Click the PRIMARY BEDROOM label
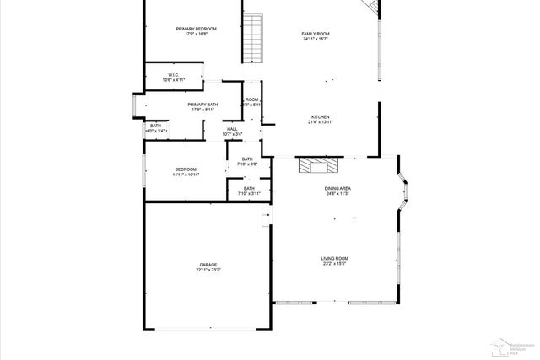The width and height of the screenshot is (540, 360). (196, 30)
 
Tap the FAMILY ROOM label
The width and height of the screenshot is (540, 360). (315, 34)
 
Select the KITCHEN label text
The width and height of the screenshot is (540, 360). (320, 116)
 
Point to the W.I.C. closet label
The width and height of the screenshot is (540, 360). (173, 75)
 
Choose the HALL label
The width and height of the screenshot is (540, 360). (232, 129)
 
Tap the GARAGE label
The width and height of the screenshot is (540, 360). (208, 265)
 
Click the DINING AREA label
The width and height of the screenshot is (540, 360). (337, 189)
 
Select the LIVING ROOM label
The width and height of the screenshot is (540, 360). (334, 258)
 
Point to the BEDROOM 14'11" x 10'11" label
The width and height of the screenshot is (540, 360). (186, 171)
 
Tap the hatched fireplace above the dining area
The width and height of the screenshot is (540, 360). (319, 164)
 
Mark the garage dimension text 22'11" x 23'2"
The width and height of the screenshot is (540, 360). (208, 271)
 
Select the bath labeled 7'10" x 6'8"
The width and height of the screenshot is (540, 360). (247, 162)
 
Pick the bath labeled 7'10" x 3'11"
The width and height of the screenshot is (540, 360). (249, 191)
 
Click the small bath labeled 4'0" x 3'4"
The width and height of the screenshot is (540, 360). (155, 129)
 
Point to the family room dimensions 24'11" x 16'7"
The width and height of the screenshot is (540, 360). (315, 39)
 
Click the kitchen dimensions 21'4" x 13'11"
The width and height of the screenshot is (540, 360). (320, 122)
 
